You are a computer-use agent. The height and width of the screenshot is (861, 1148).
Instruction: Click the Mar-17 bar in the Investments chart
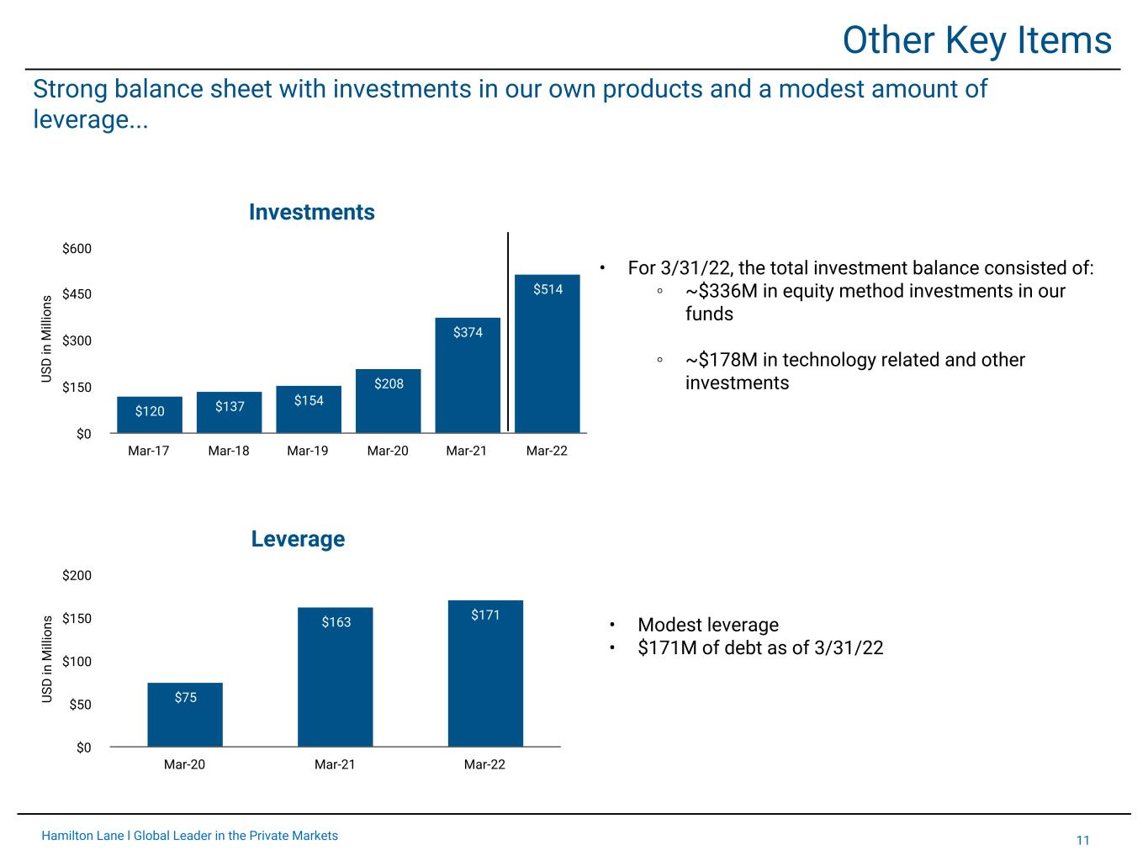click(150, 415)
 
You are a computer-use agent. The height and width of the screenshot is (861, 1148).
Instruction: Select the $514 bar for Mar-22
click(547, 353)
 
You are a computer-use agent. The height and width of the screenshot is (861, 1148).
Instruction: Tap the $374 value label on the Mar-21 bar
click(468, 332)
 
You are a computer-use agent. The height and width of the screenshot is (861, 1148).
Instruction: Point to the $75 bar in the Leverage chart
click(185, 715)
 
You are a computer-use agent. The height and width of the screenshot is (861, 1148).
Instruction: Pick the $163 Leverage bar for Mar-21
click(336, 677)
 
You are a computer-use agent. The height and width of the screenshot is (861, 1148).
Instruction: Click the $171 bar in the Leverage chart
click(485, 673)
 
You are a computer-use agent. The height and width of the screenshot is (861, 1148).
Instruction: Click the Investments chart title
click(312, 212)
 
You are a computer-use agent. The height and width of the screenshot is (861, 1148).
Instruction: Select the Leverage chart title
click(298, 539)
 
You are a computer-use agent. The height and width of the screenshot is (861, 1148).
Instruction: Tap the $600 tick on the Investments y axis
click(77, 248)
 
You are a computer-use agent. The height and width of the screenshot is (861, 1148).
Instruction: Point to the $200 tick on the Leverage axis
click(77, 576)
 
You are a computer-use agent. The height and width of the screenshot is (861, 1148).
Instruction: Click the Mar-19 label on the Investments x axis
click(308, 451)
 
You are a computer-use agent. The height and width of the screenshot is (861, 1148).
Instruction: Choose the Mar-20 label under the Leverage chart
click(185, 764)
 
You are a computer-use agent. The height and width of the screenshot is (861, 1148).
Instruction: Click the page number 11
click(1082, 840)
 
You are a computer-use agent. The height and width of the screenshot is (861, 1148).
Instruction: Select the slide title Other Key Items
click(977, 40)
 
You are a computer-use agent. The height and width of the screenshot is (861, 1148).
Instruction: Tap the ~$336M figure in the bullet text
click(722, 291)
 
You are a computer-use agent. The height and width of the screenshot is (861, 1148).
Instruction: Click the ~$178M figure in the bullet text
click(722, 360)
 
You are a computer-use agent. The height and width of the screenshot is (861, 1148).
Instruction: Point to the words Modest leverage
click(708, 625)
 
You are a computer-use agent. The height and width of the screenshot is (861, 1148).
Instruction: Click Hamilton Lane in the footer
click(82, 836)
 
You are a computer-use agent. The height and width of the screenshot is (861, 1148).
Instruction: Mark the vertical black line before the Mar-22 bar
click(508, 332)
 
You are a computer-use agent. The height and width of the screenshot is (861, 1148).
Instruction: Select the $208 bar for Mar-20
click(388, 401)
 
